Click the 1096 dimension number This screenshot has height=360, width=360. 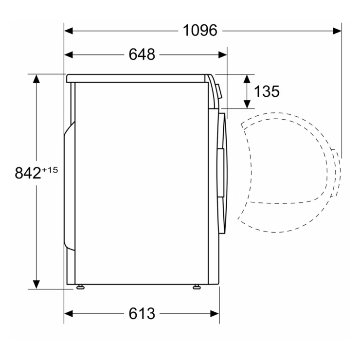[x=200, y=30]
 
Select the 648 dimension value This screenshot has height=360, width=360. [x=142, y=54]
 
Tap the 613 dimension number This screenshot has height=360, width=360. [x=142, y=313]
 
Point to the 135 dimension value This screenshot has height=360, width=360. [x=267, y=91]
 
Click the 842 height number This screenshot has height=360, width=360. [x=28, y=173]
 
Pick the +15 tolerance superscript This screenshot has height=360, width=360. [x=50, y=170]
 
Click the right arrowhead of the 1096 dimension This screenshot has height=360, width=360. [x=337, y=31]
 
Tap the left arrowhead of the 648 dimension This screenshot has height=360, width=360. [x=69, y=55]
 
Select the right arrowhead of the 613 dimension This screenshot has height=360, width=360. [x=215, y=314]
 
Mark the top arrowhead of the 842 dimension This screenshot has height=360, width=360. [x=36, y=79]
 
